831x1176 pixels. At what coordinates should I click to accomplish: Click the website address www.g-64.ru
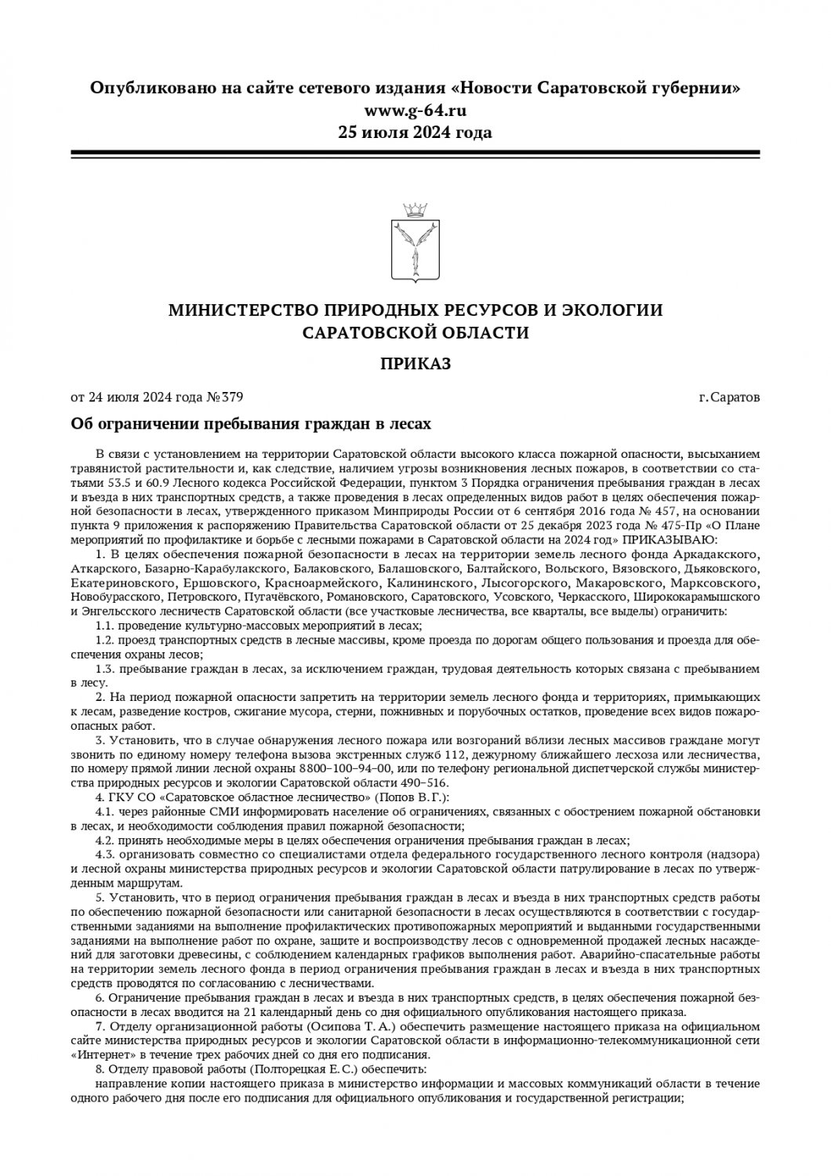[x=415, y=110]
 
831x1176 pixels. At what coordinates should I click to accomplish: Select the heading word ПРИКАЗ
[x=415, y=363]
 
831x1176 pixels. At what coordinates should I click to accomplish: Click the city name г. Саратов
[x=729, y=397]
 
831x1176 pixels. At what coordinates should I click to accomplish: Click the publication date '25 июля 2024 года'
[x=415, y=132]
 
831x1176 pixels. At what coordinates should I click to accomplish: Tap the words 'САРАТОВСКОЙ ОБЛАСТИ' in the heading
[x=415, y=332]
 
